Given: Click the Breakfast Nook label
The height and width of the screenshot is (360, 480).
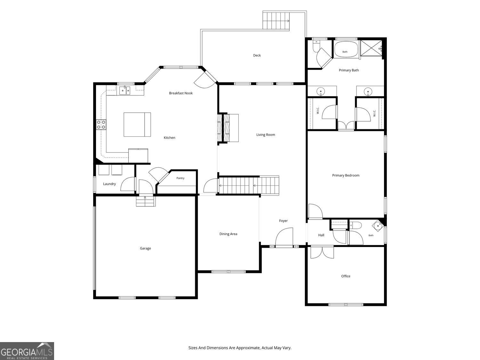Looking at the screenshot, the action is coord(180,93).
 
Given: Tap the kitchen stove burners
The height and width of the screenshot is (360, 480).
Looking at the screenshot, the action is coord(101,124).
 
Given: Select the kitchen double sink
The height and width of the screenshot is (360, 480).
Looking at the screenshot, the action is coord(125,91).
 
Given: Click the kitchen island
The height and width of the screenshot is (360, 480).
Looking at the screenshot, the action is coord(137,124).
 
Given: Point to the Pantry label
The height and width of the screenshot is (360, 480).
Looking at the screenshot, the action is coord(180,178).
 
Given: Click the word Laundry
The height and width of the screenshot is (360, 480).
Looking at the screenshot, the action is coord(109,184).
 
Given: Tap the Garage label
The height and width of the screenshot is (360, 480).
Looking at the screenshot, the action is coord(145,248).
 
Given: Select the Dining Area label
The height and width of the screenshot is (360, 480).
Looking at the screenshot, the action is coord(228,234).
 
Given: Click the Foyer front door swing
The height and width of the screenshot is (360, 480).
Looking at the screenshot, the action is coord(284,236).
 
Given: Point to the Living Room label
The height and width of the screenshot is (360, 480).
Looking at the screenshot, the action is coord(266,135).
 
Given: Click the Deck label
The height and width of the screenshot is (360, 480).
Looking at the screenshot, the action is coord(257,55).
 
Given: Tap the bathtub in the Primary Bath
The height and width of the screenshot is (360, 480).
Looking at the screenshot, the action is coord(346,49).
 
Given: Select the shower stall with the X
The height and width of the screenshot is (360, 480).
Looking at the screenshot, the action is coord(371,48).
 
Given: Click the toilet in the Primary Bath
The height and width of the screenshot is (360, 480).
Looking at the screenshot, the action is coord(316,46).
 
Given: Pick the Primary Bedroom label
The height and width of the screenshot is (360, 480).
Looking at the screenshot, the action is coord(346,175).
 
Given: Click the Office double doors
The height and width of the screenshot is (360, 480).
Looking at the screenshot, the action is coord(322,252).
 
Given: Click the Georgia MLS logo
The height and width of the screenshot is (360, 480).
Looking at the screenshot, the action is coord(27,351).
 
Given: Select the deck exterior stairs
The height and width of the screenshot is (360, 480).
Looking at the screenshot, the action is coord(276,21).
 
